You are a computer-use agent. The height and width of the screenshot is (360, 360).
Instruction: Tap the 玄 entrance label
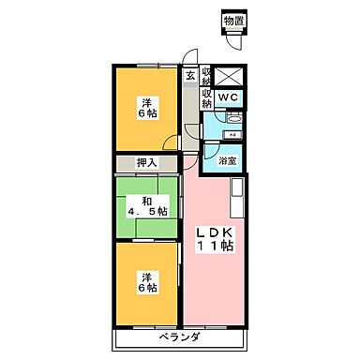point(191,76)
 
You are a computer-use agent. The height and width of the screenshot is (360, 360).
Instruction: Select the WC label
point(229,97)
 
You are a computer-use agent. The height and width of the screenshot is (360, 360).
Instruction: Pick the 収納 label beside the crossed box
point(207,76)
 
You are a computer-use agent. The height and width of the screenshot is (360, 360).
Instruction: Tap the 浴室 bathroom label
point(227,161)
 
